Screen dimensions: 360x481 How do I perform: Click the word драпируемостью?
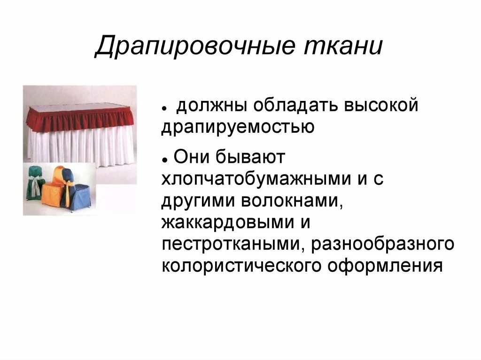pyautogui.click(x=237, y=127)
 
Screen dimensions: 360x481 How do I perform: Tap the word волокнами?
pyautogui.click(x=292, y=201)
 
